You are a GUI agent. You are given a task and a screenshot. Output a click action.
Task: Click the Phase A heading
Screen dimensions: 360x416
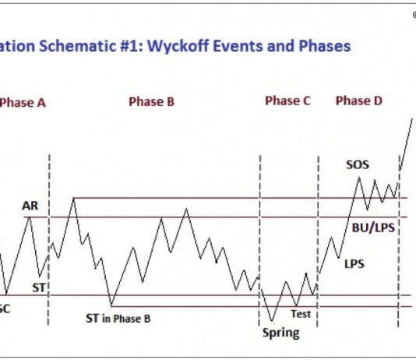pyautogui.click(x=23, y=101)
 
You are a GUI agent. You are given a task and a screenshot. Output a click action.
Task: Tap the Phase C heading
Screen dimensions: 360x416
pyautogui.click(x=287, y=101)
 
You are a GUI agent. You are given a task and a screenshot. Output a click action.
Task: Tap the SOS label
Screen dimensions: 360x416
pyautogui.click(x=358, y=165)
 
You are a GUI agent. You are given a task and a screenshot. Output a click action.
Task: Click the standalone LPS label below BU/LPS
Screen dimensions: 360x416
pyautogui.click(x=354, y=263)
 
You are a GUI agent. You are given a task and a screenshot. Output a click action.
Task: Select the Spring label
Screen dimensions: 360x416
pyautogui.click(x=280, y=333)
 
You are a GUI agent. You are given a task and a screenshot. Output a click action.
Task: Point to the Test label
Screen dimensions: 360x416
pyautogui.click(x=301, y=314)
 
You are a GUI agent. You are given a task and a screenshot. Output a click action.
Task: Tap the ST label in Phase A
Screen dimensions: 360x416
pyautogui.click(x=39, y=287)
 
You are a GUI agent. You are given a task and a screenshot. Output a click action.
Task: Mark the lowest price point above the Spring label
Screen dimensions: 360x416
pyautogui.click(x=272, y=320)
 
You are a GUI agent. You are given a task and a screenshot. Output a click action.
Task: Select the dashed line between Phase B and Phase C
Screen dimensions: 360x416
pyautogui.click(x=259, y=234)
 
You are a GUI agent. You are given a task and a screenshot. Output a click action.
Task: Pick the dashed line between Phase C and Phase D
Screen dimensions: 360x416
pyautogui.click(x=318, y=234)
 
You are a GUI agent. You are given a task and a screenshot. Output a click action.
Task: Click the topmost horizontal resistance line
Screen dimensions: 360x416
pyautogui.click(x=234, y=197)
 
